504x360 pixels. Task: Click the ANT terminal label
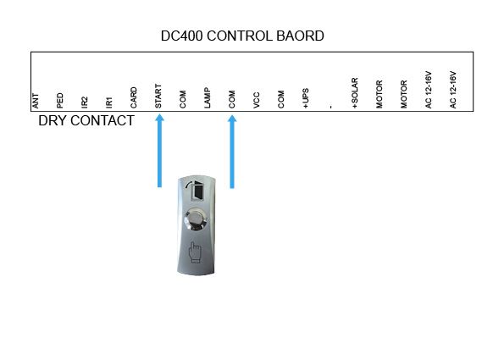pyautogui.click(x=36, y=101)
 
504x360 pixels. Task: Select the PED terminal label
pyautogui.click(x=60, y=101)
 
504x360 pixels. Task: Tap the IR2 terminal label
pyautogui.click(x=84, y=102)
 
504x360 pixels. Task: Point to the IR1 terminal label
pyautogui.click(x=109, y=102)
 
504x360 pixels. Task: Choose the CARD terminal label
pyautogui.click(x=134, y=97)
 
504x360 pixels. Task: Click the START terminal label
pyautogui.click(x=158, y=96)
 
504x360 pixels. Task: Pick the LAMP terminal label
pyautogui.click(x=208, y=97)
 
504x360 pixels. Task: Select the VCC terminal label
pyautogui.click(x=257, y=100)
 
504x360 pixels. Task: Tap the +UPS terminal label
pyautogui.click(x=306, y=98)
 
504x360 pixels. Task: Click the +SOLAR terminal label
pyautogui.click(x=355, y=93)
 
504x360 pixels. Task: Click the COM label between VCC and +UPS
pyautogui.click(x=281, y=99)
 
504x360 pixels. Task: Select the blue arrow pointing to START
pyautogui.click(x=159, y=151)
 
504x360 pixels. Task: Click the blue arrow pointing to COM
pyautogui.click(x=232, y=152)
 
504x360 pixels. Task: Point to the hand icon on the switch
pyautogui.click(x=195, y=252)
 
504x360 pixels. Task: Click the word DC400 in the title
pyautogui.click(x=181, y=36)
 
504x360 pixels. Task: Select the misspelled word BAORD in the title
pyautogui.click(x=300, y=36)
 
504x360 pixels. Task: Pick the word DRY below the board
pyautogui.click(x=52, y=121)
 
